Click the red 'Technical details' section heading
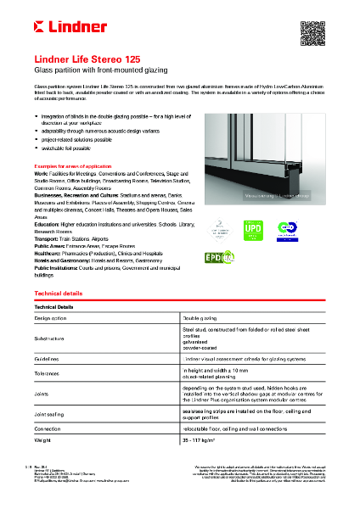tap(58, 292)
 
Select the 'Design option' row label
tap(50, 316)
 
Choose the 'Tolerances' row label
tap(48, 374)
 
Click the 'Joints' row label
tap(41, 394)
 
